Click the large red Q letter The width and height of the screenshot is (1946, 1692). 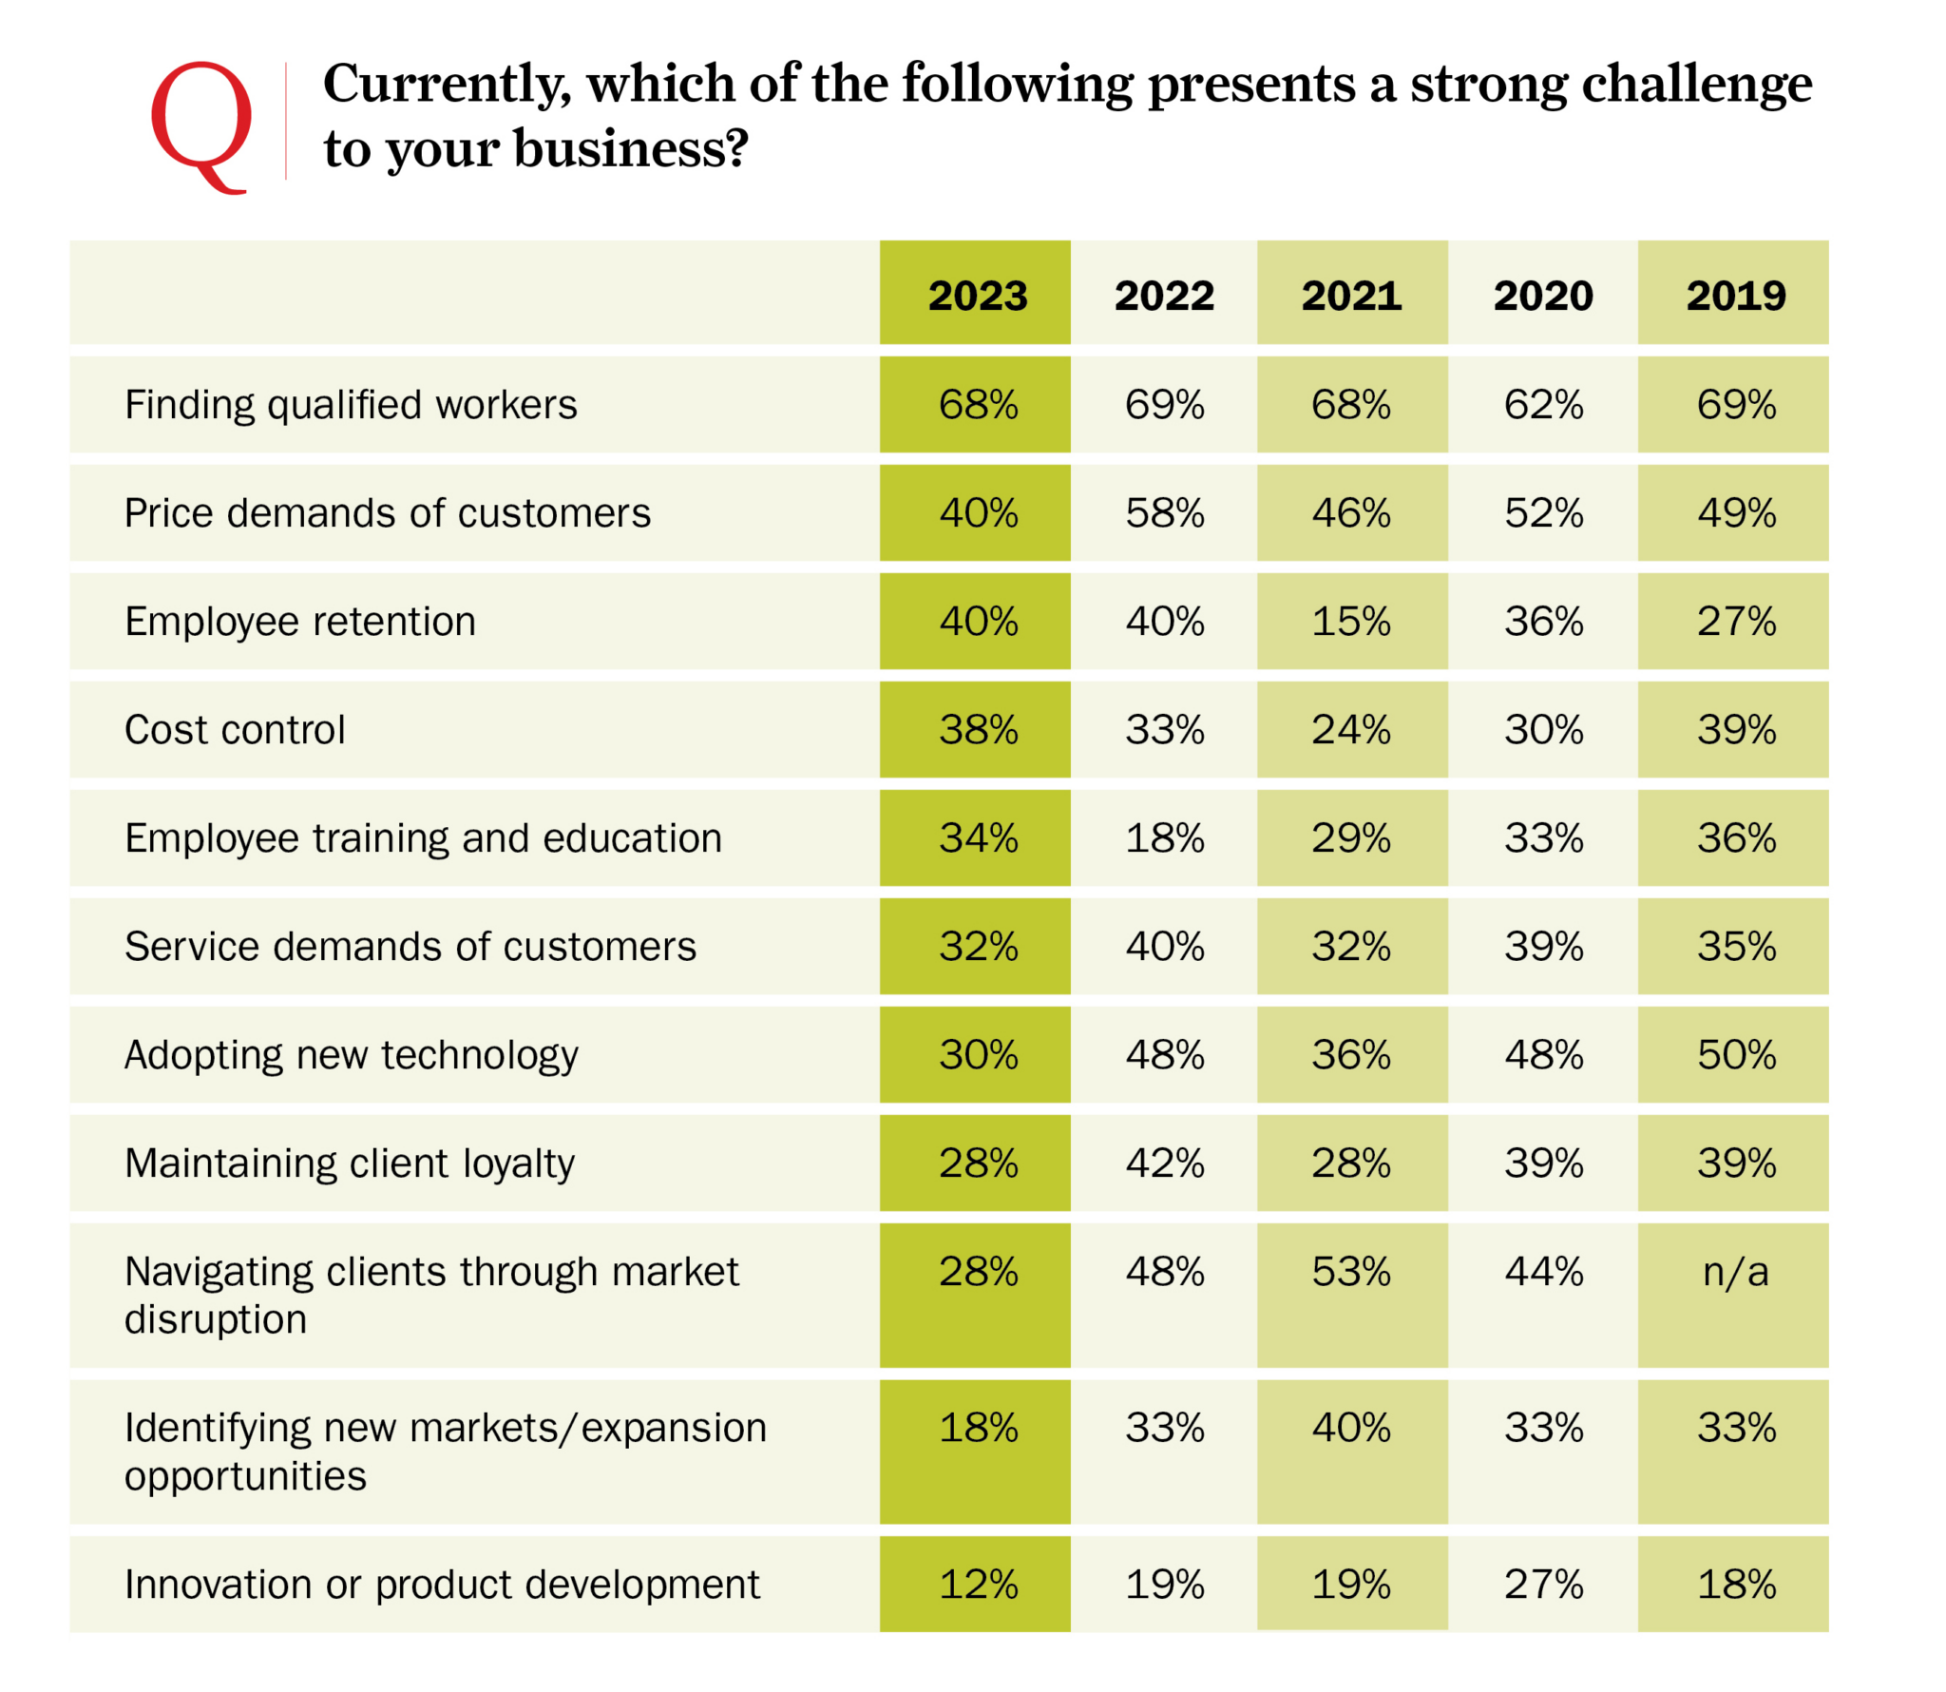point(200,124)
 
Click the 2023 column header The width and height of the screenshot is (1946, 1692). point(977,296)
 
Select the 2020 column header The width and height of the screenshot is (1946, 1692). point(1542,296)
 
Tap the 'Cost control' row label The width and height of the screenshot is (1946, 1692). point(235,730)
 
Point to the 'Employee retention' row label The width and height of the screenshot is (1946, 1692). point(300,622)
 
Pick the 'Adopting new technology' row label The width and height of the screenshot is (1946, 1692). point(351,1055)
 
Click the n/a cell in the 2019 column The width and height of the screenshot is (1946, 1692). point(1735,1272)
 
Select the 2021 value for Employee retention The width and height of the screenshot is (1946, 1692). point(1350,622)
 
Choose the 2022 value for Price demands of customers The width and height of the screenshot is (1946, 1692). point(1164,513)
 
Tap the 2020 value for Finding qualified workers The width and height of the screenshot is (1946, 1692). point(1542,405)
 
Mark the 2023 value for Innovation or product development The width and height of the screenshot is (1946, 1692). point(978,1585)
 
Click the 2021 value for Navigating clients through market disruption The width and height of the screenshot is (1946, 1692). point(1350,1272)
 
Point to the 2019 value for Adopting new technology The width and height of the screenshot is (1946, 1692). point(1736,1055)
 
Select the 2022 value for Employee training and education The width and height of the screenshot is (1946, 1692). point(1164,838)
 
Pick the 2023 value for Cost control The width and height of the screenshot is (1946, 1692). point(978,730)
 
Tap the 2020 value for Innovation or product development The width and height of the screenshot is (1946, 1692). point(1542,1585)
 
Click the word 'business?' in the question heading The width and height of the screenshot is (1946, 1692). point(631,149)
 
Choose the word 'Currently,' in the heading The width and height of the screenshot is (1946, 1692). point(447,84)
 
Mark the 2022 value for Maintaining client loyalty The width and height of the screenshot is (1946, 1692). point(1164,1163)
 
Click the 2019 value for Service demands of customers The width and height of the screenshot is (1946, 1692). point(1736,947)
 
